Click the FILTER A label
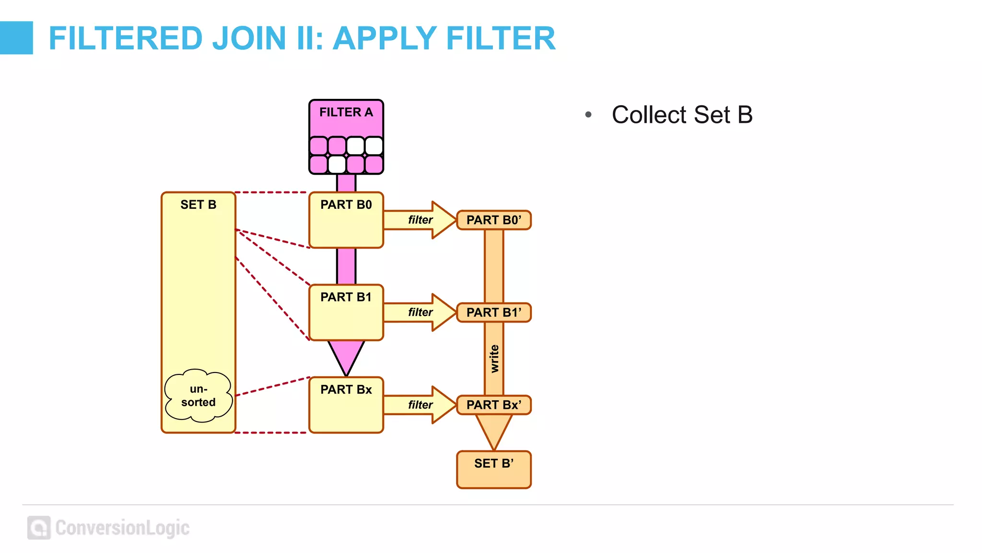346,112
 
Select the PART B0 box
346,220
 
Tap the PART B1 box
346,313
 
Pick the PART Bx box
346,405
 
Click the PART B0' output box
493,220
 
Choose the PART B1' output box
493,313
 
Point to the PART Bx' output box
493,405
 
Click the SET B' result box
493,469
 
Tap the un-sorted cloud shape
198,396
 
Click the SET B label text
198,205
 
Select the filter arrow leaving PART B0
420,220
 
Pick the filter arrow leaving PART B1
420,313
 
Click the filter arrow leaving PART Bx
420,405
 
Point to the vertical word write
494,359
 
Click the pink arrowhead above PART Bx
346,355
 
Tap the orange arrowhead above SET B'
493,430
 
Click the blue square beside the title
16,38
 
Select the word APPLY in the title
384,38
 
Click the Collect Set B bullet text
682,115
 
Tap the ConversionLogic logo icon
39,528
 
